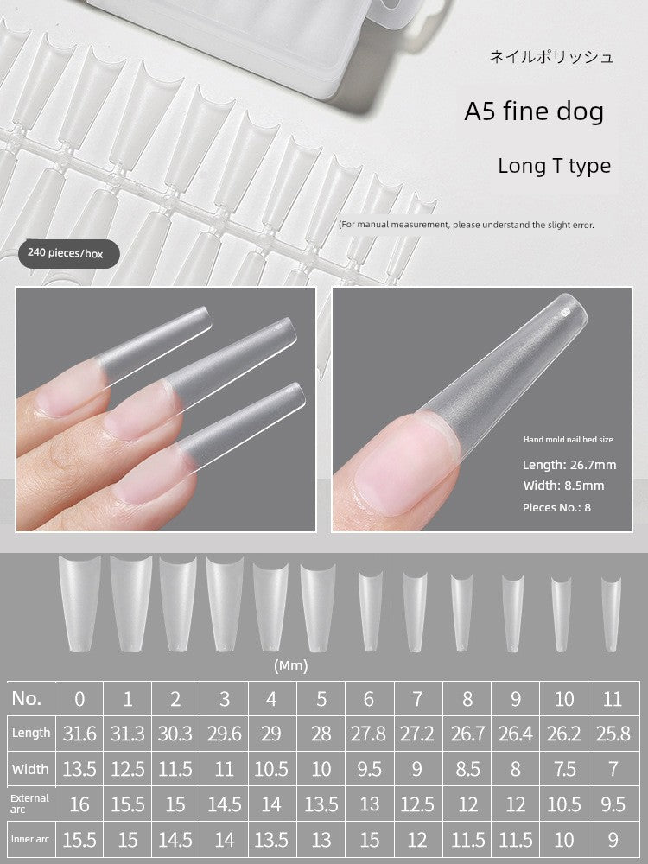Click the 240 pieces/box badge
coord(68,253)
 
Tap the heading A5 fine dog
coord(534,111)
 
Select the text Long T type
coord(555,166)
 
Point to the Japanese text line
coord(551,57)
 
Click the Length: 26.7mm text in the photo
coord(569,465)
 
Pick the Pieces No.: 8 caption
coord(556,507)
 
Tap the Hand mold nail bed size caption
coord(568,440)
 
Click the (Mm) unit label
coord(291,665)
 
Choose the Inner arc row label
coord(30,839)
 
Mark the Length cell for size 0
coord(79,734)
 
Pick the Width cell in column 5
coord(321,769)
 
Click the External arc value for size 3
coord(225,804)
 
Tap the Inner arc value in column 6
coord(369,840)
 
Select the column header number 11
coord(613,699)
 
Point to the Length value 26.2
coord(563,734)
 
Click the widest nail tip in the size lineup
coord(79,603)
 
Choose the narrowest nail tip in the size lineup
coord(611,614)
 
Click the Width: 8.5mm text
coord(563,486)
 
